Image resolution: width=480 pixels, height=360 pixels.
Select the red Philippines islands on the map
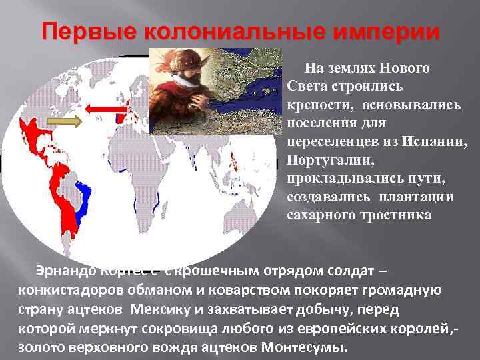tap(235, 160)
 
